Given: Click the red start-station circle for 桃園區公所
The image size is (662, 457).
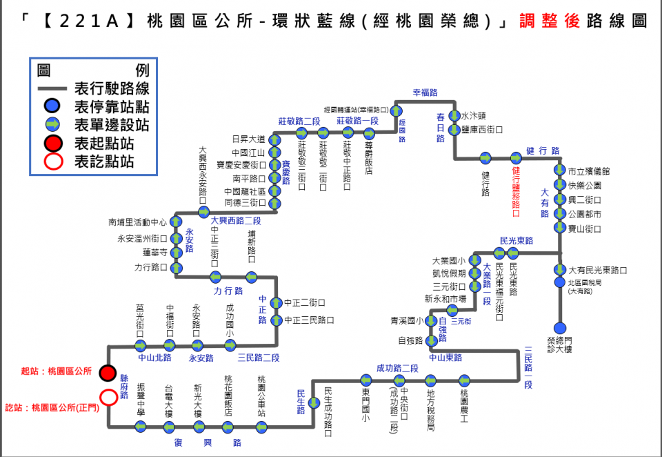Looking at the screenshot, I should (108, 373).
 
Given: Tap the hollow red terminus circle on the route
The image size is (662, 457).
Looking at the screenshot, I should (108, 397).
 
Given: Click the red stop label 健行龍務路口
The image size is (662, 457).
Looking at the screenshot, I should (516, 187).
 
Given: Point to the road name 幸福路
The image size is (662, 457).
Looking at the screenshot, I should (425, 93).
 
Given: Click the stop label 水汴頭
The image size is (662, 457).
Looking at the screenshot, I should (474, 115).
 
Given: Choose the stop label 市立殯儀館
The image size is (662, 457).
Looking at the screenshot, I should (585, 171).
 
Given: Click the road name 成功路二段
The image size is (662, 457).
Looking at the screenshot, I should (397, 368).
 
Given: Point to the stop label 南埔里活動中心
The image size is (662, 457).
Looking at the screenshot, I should (138, 222).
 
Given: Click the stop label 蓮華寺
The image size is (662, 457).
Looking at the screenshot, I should (155, 253).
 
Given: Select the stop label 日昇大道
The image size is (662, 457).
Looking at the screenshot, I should (248, 139).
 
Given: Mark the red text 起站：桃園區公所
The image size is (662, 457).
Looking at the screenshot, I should (57, 371).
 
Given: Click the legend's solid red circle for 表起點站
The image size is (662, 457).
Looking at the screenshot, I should (52, 144).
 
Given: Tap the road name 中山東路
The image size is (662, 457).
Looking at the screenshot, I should (445, 358).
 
